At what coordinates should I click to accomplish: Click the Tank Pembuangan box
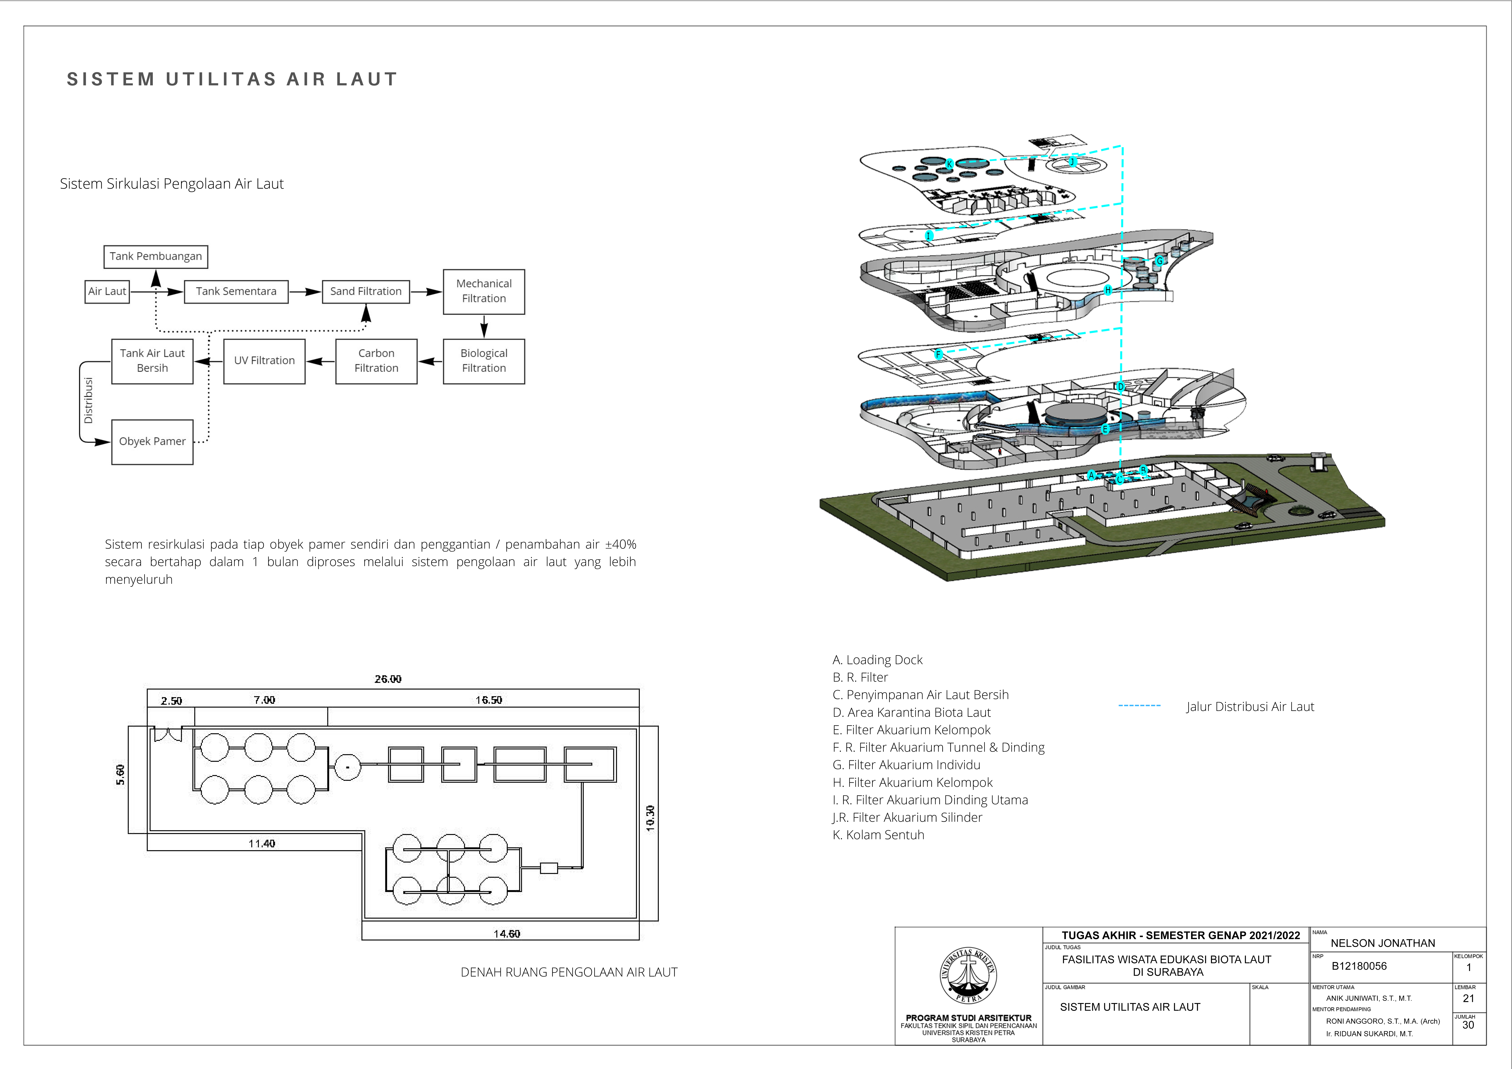click(x=155, y=256)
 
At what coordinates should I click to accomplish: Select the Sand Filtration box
click(x=366, y=291)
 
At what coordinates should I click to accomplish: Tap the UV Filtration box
click(x=264, y=361)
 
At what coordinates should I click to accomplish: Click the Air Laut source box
click(x=107, y=291)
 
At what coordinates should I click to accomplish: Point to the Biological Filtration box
click(x=484, y=361)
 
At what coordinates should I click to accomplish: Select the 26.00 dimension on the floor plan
click(x=388, y=679)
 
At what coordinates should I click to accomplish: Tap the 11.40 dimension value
click(x=261, y=844)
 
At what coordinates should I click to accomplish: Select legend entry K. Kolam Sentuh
click(x=879, y=835)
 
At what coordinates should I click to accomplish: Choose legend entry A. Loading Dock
click(x=877, y=660)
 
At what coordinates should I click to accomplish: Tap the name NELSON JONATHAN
click(x=1383, y=943)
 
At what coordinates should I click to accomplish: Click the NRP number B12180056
click(x=1359, y=966)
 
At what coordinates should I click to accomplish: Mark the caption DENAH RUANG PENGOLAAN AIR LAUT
click(x=569, y=972)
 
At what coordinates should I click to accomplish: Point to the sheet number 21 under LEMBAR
click(x=1468, y=999)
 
